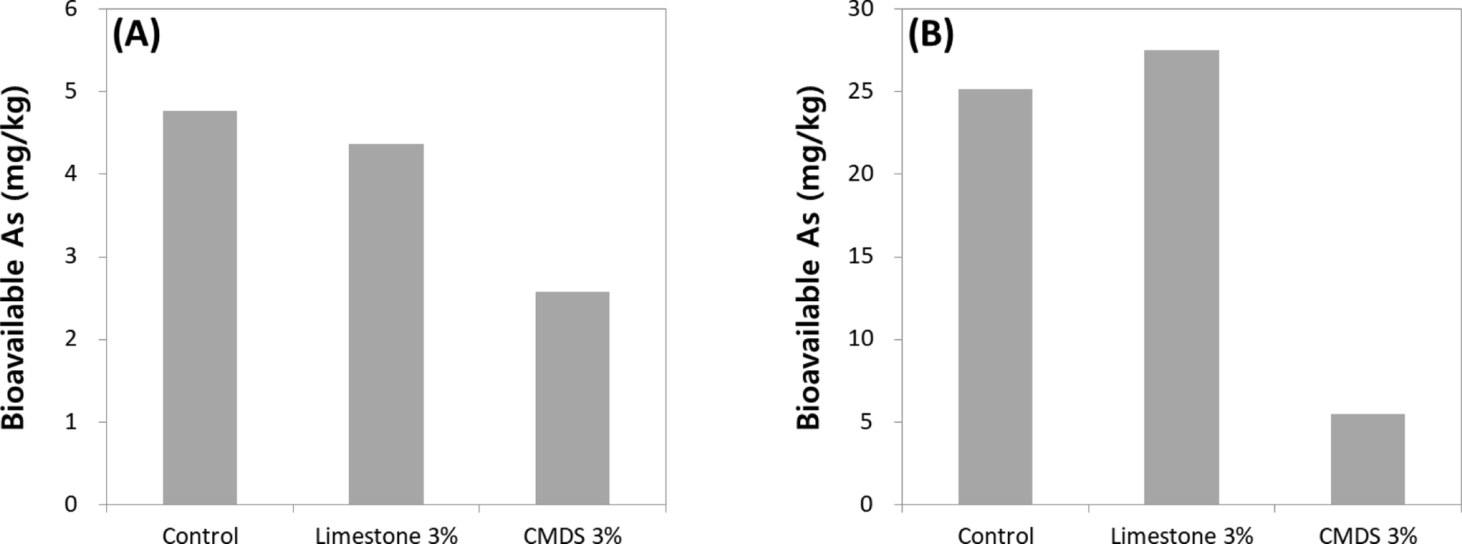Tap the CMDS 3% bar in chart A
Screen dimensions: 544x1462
[572, 398]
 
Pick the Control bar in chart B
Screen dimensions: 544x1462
[995, 297]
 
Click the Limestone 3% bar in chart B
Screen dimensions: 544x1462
[1181, 277]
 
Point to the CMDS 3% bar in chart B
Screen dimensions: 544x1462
[1367, 459]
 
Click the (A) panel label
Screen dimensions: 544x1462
[137, 35]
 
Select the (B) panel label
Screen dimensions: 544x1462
[930, 35]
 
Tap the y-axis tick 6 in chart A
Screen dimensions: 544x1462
[71, 10]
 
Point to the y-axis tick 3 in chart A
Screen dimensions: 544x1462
[71, 257]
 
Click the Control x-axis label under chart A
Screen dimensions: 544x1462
[200, 535]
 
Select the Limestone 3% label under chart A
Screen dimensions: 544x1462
[387, 535]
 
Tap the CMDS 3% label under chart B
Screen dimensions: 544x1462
[1367, 535]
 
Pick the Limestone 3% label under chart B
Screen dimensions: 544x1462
[1181, 535]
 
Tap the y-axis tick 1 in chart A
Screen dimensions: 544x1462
[71, 422]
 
